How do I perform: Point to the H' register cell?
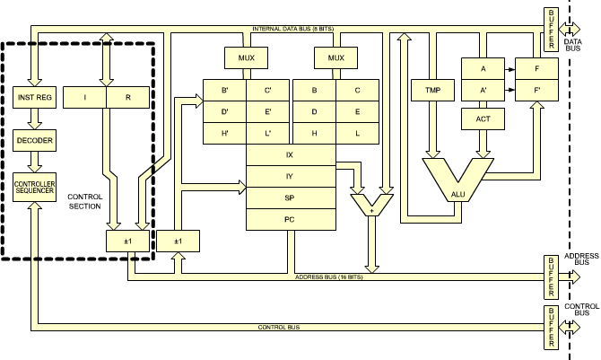[x=224, y=132]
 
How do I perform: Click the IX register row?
[x=289, y=154]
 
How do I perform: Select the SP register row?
[x=289, y=197]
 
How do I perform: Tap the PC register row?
[x=289, y=218]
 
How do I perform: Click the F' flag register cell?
[x=536, y=90]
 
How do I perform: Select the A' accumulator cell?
[x=484, y=90]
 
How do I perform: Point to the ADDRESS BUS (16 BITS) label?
[x=327, y=277]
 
